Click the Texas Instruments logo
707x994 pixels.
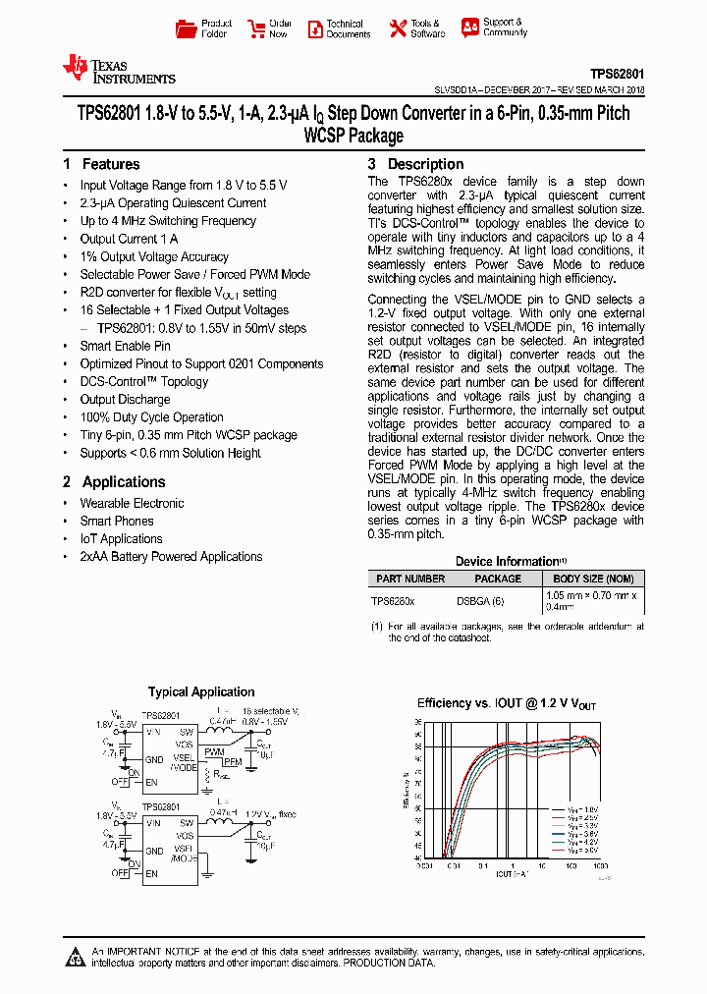118,69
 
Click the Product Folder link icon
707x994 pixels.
186,28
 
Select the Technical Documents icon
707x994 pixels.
314,28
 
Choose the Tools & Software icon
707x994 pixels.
398,28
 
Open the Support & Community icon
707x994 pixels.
470,28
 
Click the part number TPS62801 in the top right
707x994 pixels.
617,73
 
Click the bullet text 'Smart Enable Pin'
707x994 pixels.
125,346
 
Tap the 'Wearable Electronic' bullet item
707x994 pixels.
132,503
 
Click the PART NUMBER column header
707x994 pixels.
410,579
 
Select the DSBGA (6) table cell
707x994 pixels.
480,600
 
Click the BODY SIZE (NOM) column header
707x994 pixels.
593,579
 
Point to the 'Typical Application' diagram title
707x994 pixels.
201,692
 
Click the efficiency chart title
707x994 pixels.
507,703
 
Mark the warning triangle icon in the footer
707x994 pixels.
75,957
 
